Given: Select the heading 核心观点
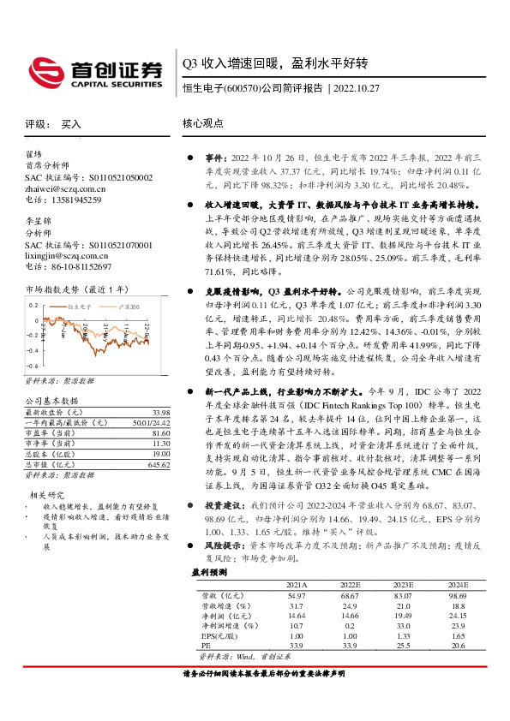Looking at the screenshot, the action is click(x=203, y=123).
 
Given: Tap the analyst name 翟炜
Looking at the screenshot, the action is click(x=33, y=155).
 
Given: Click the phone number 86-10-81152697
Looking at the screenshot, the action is click(x=78, y=266).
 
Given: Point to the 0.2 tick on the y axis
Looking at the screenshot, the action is click(x=33, y=305).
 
